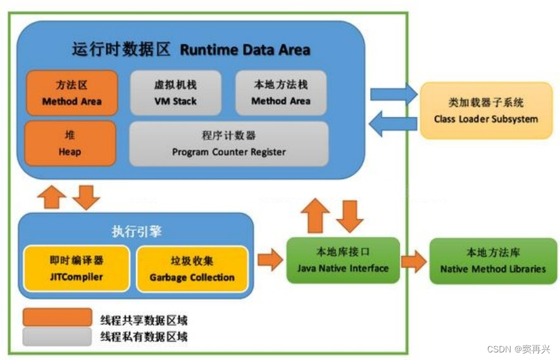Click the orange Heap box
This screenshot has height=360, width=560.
(70, 144)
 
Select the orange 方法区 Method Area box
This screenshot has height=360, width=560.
(72, 93)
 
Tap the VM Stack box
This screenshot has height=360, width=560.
(175, 93)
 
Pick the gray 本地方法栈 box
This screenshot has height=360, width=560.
(281, 93)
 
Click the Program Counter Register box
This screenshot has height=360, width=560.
(228, 144)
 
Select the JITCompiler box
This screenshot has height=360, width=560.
(77, 269)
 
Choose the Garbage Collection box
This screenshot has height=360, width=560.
(192, 269)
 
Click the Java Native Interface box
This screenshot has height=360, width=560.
(343, 261)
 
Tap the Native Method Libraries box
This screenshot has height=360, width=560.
(493, 261)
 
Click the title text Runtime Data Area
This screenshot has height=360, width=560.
(245, 49)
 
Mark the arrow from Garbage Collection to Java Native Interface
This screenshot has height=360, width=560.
(270, 260)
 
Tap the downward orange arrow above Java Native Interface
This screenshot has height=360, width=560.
(350, 215)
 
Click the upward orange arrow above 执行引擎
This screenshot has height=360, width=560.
(52, 197)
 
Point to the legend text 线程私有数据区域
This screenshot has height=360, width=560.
(144, 337)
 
